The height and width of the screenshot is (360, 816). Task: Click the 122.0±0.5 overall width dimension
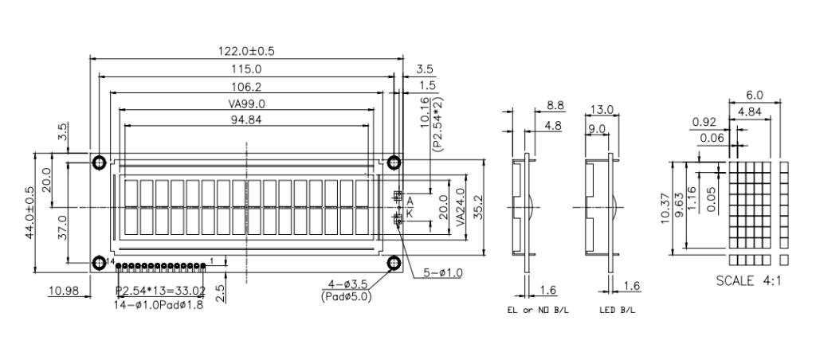tap(246, 51)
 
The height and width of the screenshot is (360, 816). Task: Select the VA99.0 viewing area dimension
tap(246, 104)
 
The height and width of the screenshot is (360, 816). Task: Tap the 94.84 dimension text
tap(246, 119)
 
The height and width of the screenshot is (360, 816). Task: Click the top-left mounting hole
tap(99, 162)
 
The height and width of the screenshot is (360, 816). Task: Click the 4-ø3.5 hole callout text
tap(347, 284)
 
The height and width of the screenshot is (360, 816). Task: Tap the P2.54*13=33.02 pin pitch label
tap(160, 290)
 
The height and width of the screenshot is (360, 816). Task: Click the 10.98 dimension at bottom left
tap(63, 291)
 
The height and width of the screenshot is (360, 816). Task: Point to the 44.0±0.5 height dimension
tap(29, 213)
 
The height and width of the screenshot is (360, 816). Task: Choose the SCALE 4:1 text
tap(748, 281)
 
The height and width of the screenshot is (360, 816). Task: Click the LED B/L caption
tap(618, 311)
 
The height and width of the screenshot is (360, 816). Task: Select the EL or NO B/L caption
tap(538, 311)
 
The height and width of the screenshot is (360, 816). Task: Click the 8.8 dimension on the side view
tap(555, 106)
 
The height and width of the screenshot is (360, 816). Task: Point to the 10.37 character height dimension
tap(665, 208)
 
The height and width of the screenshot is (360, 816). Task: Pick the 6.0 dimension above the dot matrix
tap(754, 95)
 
